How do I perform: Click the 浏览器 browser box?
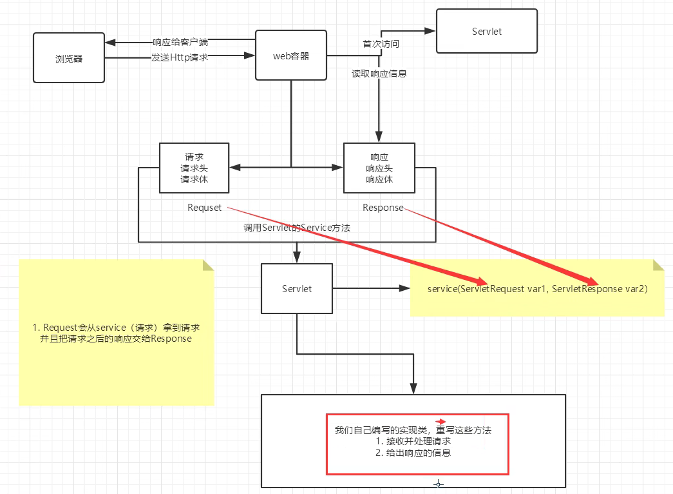point(69,57)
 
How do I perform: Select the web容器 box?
point(291,55)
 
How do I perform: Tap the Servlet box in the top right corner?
point(487,31)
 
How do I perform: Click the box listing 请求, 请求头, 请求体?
point(194,168)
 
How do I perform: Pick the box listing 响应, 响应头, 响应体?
point(379,168)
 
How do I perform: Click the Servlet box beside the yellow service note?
point(297,288)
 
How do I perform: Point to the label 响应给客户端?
point(180,42)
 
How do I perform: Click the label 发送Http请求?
point(180,57)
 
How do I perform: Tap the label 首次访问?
point(381,44)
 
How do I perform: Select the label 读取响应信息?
point(379,74)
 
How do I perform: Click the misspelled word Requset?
point(204,208)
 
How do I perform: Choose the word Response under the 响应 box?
point(383,208)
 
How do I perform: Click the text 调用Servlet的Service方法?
point(297,228)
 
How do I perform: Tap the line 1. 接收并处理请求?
point(413,441)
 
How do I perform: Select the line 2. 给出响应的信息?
point(413,453)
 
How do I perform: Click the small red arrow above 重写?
point(441,422)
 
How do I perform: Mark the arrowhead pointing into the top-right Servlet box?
point(430,31)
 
